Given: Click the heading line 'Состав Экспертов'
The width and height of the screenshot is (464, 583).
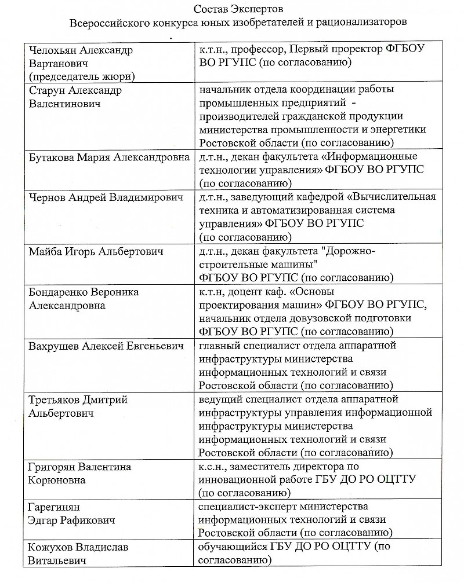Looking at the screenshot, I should (x=232, y=10).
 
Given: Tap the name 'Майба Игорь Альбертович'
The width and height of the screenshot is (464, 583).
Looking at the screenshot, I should (x=96, y=252).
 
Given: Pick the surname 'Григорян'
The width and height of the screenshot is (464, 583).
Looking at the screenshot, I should (x=54, y=467).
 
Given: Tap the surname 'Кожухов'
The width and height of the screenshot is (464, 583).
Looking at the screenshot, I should (x=51, y=547).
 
